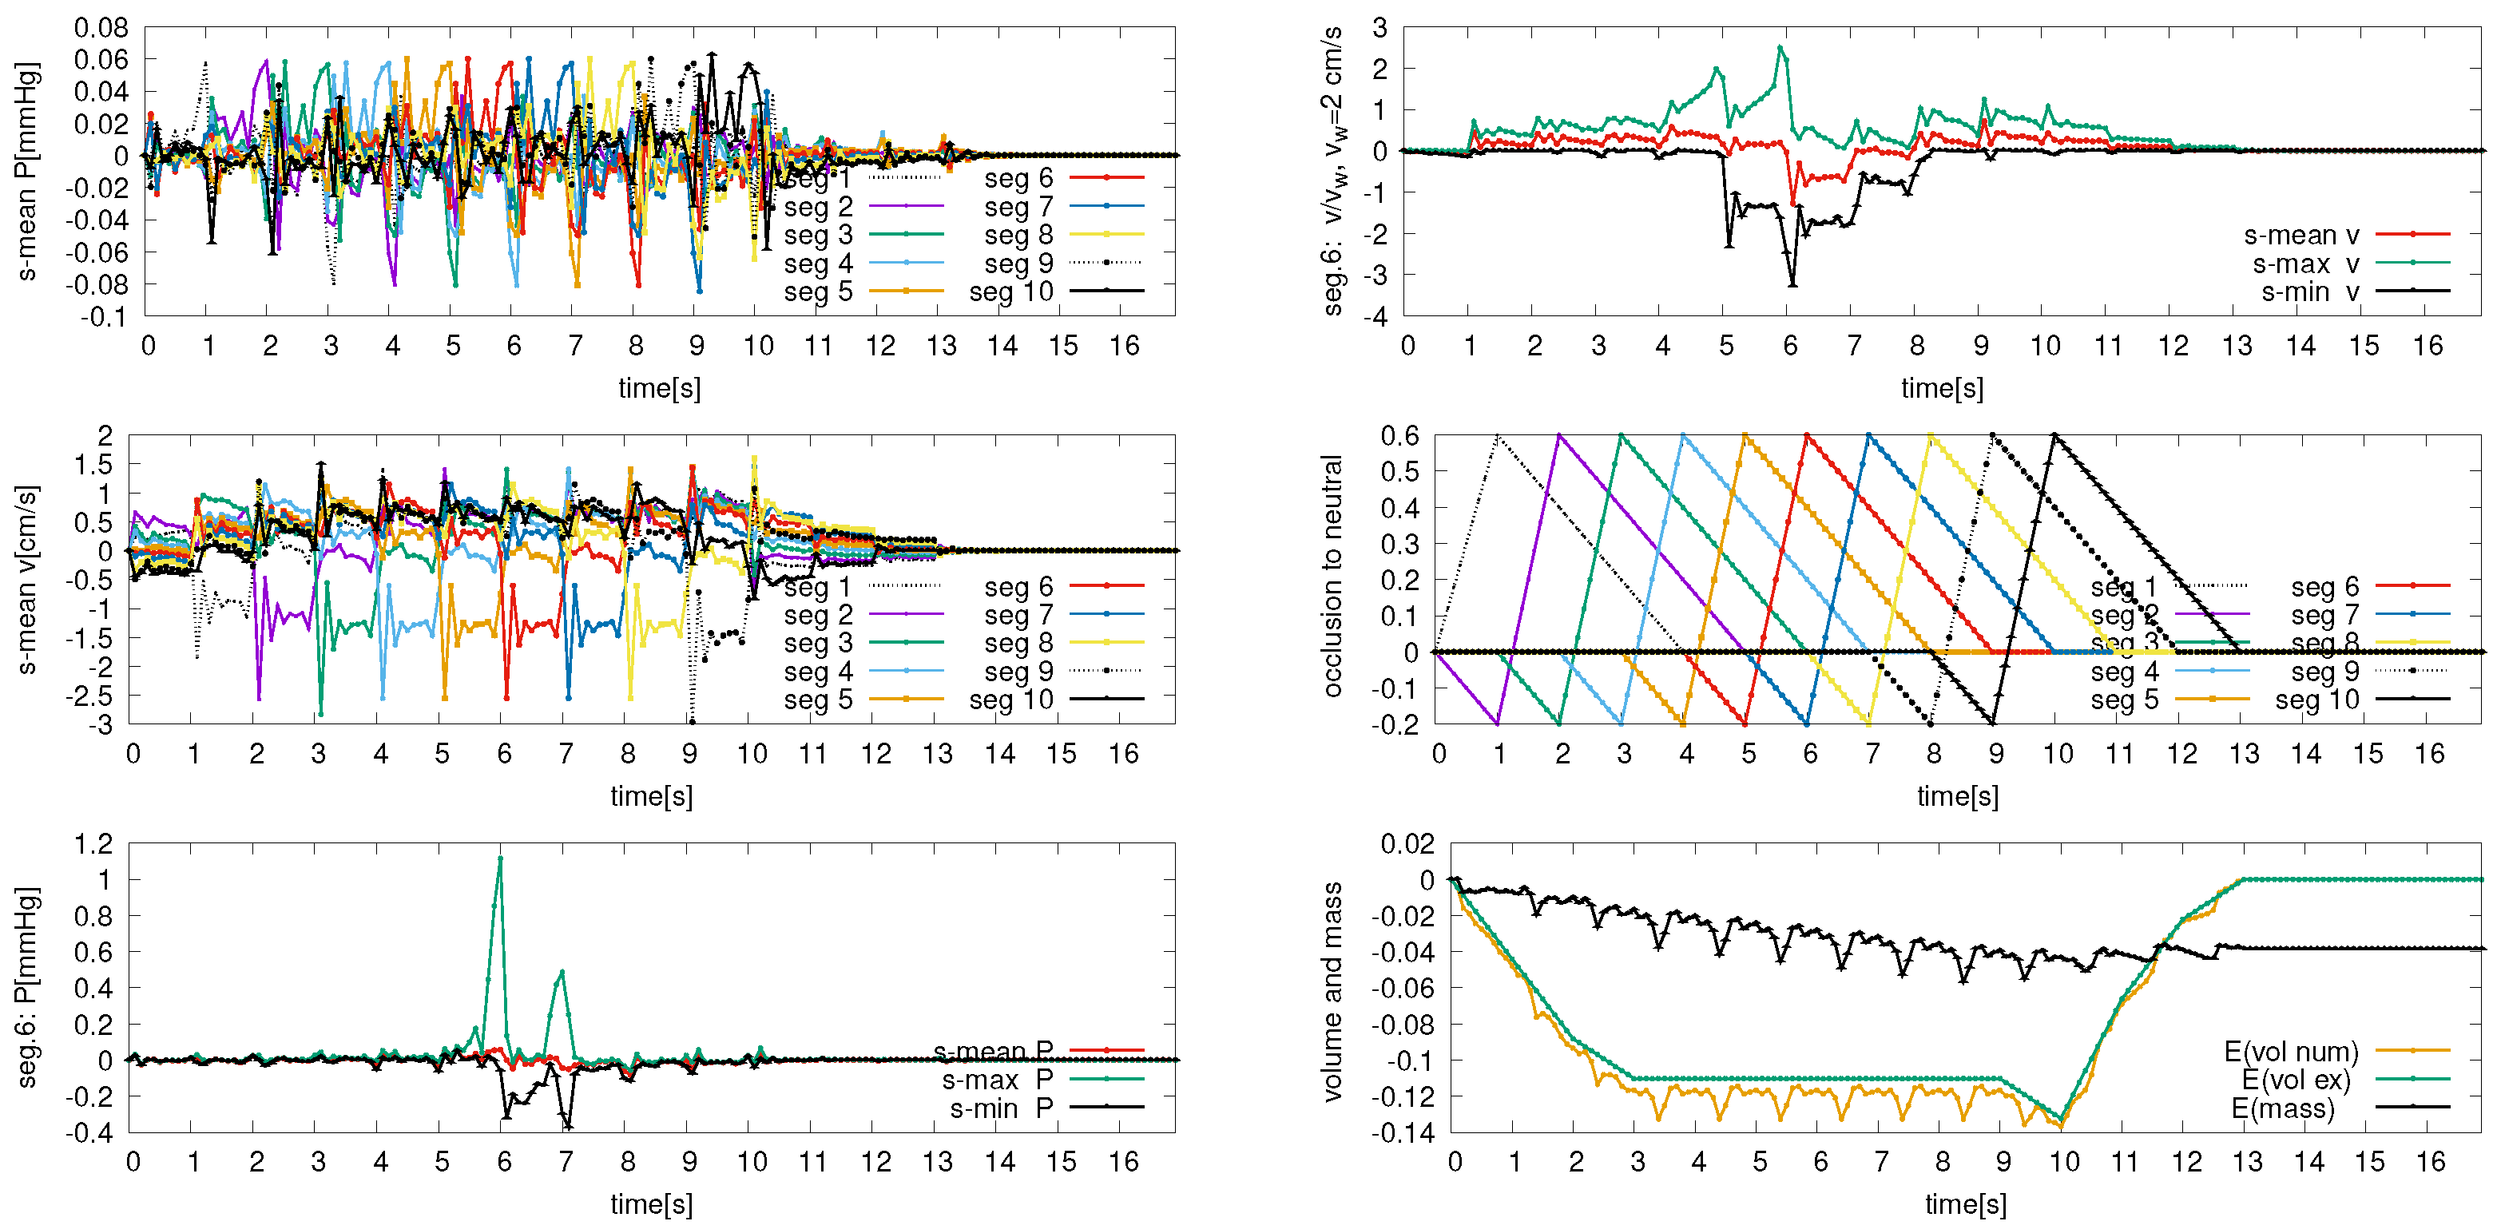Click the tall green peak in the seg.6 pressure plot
point(500,858)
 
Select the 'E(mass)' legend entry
point(2283,1108)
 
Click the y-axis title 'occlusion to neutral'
point(1334,576)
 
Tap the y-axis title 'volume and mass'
point(1334,990)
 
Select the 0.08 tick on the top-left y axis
point(101,28)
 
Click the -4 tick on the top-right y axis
point(1380,316)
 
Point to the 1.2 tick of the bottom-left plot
point(94,844)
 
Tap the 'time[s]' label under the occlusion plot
point(1957,795)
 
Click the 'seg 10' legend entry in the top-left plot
point(1011,291)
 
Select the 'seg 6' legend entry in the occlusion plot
point(2324,586)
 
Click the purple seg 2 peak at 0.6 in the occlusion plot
point(1558,435)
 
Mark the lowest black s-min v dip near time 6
point(1792,284)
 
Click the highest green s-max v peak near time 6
point(1780,46)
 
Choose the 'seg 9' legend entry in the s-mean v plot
point(1018,671)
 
